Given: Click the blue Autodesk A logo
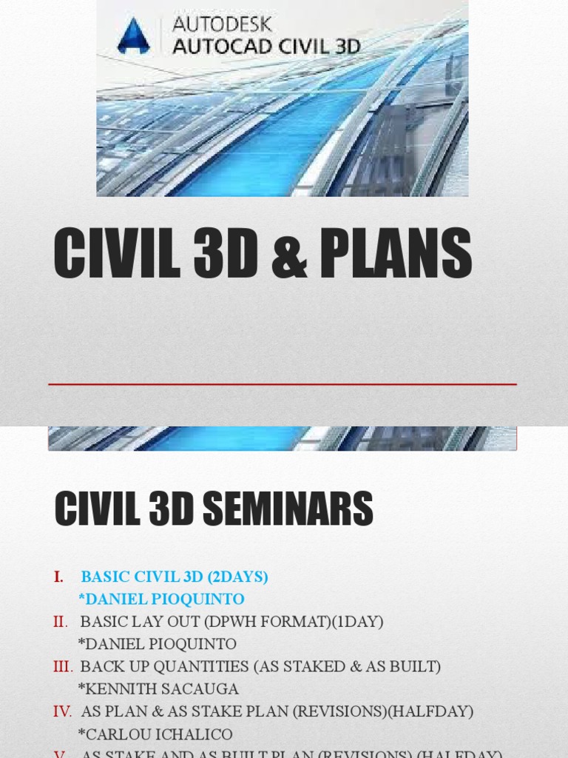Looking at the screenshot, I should tap(133, 36).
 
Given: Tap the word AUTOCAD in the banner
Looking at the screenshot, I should tap(217, 46).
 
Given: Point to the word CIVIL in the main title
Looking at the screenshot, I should tap(106, 254).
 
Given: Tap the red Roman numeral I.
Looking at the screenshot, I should tap(59, 577).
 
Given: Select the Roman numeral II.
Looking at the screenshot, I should tap(61, 622).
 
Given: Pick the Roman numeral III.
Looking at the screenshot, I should tap(63, 666).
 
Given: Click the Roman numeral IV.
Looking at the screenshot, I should tap(62, 711).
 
